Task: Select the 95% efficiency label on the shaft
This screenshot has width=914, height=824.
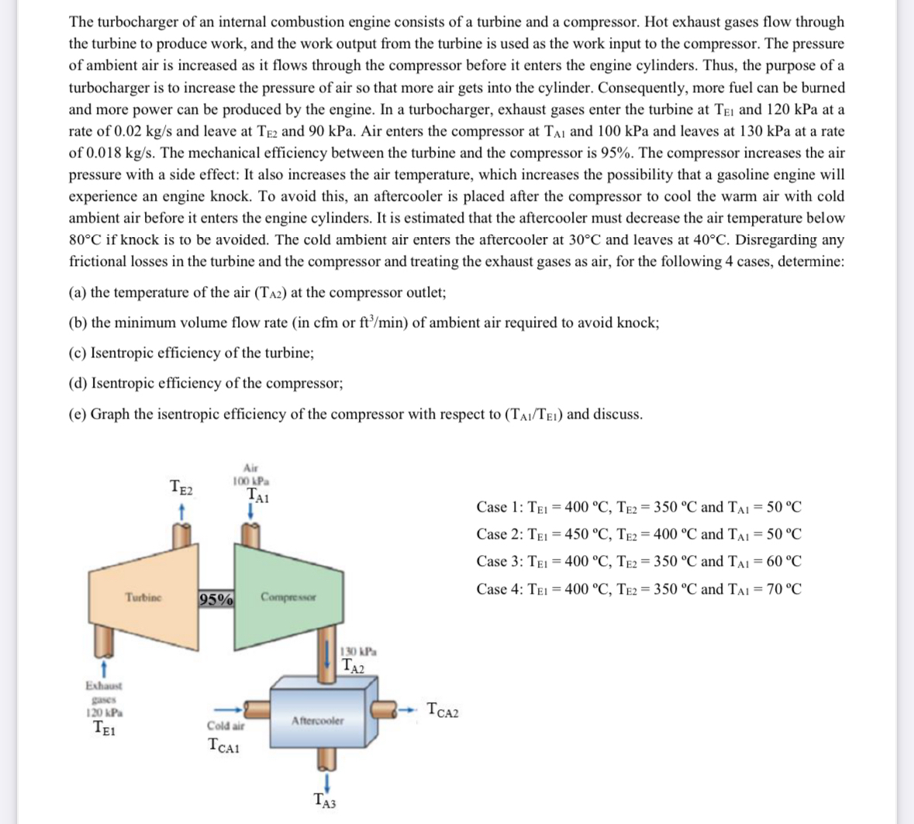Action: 217,599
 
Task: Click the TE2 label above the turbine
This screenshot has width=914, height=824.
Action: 182,488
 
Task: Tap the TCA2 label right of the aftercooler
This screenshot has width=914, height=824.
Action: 443,709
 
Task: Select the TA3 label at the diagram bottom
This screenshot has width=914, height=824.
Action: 324,802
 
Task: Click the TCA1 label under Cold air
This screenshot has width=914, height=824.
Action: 225,746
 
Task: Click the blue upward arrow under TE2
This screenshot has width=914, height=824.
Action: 181,511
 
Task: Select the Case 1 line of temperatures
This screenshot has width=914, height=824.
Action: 639,507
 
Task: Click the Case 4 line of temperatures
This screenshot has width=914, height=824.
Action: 639,588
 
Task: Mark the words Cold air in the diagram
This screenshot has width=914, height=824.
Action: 226,726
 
